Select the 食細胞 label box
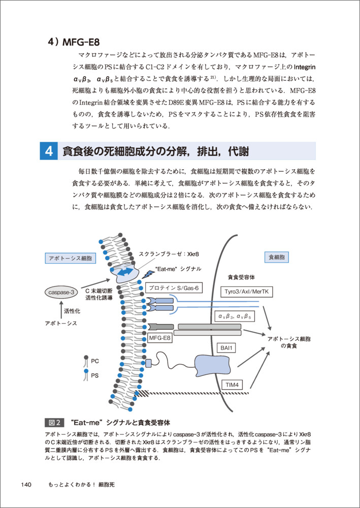pos(277,258)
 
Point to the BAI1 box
pos(225,348)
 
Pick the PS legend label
pos(95,376)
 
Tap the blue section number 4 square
pos(48,151)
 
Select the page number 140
pos(27,484)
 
